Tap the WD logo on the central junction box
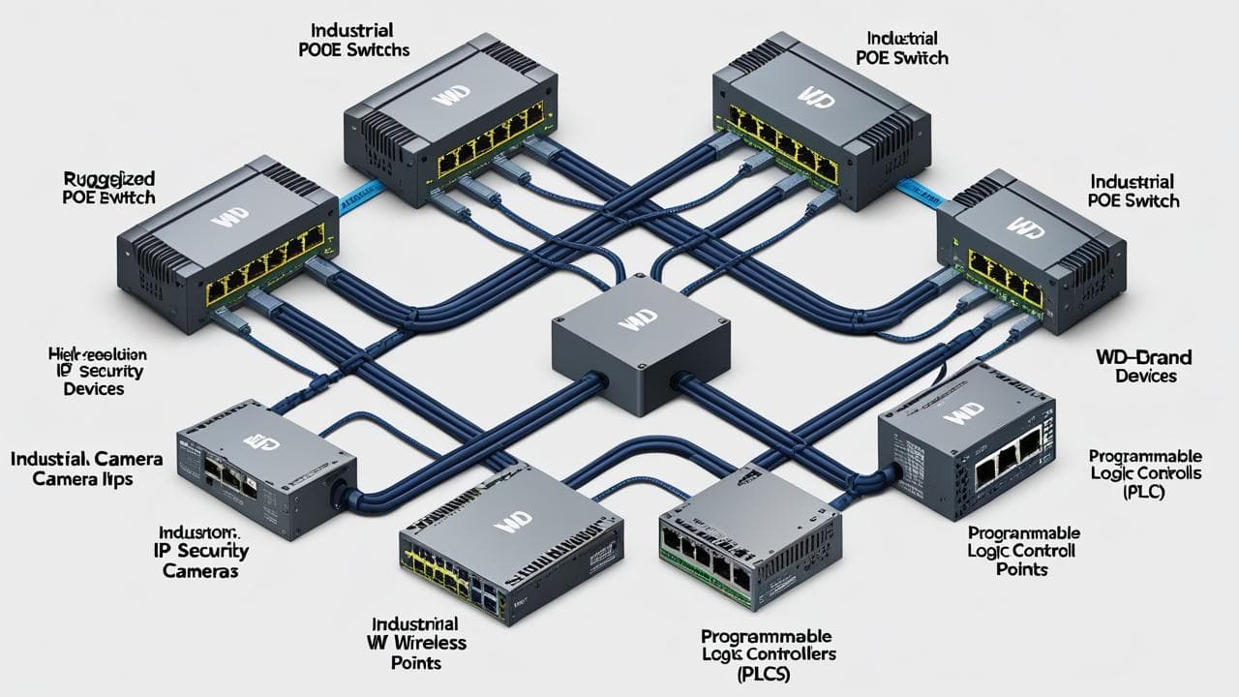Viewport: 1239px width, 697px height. coord(642,317)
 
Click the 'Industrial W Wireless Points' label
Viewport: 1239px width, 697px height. coord(416,643)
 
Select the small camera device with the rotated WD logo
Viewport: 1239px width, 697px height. coord(266,470)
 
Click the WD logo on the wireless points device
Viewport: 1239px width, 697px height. coord(507,526)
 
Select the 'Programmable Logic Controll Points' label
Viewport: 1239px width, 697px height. coord(1023,551)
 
